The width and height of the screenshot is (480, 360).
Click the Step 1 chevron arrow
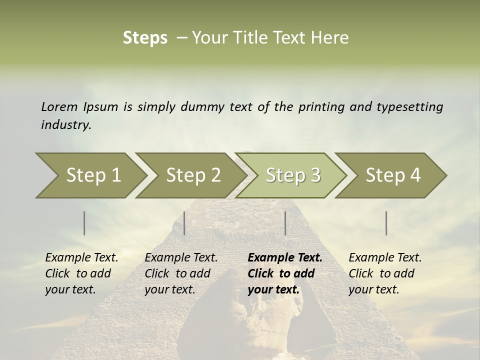[93, 175]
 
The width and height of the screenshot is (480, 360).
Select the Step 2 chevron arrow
[193, 175]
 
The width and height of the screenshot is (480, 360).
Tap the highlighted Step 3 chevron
[293, 175]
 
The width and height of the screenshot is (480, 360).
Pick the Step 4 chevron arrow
[393, 175]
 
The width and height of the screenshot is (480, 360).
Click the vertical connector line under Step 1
[84, 223]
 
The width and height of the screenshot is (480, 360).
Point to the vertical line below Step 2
[184, 223]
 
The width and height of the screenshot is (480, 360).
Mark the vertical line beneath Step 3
[285, 223]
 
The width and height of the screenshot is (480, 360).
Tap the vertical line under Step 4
[386, 223]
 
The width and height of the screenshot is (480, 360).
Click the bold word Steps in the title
[145, 38]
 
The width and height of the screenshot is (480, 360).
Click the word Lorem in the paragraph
[59, 106]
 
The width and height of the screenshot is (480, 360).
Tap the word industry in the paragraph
[66, 124]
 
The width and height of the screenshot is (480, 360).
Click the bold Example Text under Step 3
[285, 258]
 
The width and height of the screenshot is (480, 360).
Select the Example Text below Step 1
[81, 258]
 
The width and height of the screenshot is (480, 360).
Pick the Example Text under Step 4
[385, 258]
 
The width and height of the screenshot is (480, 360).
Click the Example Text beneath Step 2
[181, 258]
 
